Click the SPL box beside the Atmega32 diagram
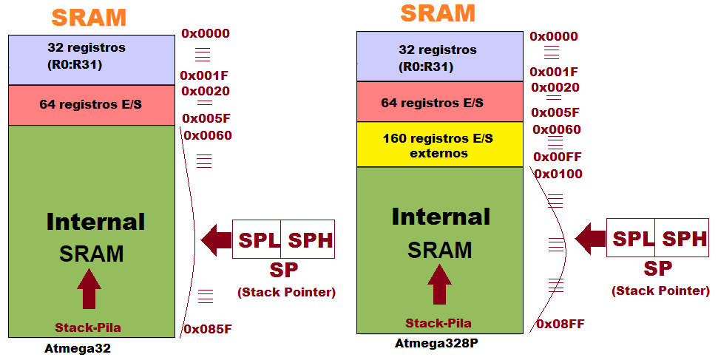[257, 240]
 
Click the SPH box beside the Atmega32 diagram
[308, 240]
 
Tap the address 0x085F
[206, 329]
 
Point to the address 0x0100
[558, 174]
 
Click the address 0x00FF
[558, 157]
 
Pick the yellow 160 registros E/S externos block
[439, 145]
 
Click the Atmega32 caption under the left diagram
[77, 349]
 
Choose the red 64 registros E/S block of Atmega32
[90, 105]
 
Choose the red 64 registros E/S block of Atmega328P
[439, 102]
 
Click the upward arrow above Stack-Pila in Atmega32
[89, 289]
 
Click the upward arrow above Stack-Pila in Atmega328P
[439, 285]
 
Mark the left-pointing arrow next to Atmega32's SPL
[215, 240]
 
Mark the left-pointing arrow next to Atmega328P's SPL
[589, 238]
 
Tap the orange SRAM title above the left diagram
[88, 17]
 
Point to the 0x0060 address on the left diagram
[207, 135]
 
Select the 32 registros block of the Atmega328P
[439, 57]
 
